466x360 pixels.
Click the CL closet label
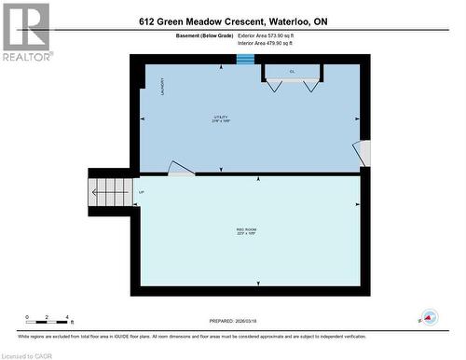point(292,72)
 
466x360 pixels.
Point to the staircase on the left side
point(111,193)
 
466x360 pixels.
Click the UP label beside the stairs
point(141,193)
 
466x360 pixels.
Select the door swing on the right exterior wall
point(363,154)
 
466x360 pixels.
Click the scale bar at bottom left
point(47,318)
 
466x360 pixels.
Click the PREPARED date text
point(245,319)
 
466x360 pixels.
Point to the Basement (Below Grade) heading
point(204,35)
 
